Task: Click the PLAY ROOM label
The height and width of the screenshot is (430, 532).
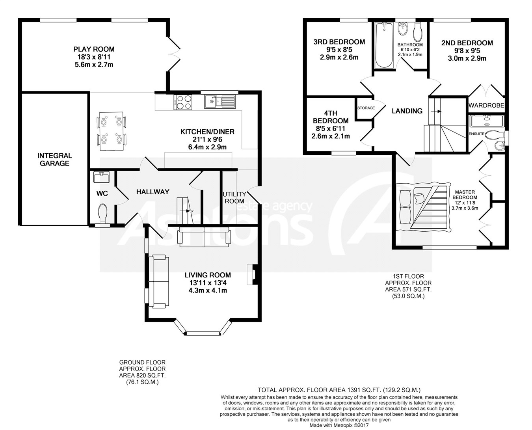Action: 94,49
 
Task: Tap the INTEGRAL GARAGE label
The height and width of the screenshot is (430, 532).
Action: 54,160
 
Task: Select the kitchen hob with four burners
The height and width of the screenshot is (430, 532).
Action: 183,102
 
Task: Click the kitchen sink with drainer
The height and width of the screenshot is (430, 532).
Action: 220,101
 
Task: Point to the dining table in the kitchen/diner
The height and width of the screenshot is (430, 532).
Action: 112,131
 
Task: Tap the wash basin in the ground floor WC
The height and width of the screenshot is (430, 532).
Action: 101,177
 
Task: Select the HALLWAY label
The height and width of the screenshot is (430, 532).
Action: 153,192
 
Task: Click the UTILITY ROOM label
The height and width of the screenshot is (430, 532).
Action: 234,197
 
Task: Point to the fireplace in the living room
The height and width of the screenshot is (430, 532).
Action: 253,274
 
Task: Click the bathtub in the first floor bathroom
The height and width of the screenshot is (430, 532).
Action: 384,45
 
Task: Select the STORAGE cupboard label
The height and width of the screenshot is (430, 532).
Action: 366,108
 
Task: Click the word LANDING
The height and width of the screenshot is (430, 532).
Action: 407,111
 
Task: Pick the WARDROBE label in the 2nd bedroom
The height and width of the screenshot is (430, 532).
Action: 486,105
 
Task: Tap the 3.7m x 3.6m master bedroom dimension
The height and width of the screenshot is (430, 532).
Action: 465,208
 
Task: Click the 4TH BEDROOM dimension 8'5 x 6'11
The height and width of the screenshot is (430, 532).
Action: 331,128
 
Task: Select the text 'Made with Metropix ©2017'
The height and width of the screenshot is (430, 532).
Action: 339,425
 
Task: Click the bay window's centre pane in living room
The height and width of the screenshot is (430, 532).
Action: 203,333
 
